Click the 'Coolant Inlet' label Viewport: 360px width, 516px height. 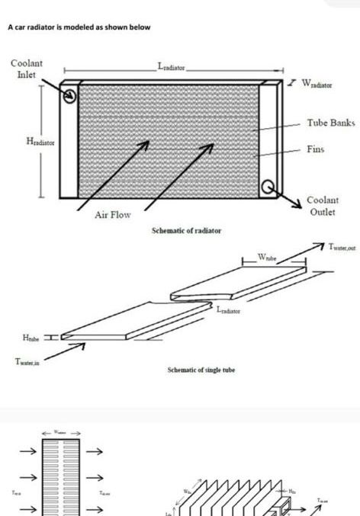(x=26, y=69)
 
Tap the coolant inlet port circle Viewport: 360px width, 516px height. (x=70, y=97)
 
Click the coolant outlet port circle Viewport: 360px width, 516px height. (x=268, y=186)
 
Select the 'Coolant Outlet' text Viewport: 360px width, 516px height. (x=322, y=206)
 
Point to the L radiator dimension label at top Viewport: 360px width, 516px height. (x=172, y=67)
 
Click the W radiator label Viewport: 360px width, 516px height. (x=322, y=82)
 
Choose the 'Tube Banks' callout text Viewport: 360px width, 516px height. (x=331, y=122)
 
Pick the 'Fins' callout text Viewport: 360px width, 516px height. (x=315, y=149)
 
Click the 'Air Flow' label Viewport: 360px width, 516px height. (x=112, y=215)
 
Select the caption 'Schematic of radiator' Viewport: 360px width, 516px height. (x=186, y=230)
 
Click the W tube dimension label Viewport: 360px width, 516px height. (x=267, y=256)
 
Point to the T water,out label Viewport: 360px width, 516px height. (x=342, y=246)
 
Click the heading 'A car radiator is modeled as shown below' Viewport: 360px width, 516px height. (x=79, y=27)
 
